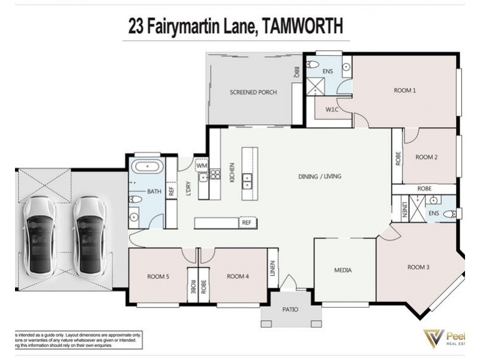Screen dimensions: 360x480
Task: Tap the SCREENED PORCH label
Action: [x=253, y=92]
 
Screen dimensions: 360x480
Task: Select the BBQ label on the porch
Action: [x=296, y=73]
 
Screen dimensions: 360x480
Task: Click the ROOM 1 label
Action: [x=405, y=91]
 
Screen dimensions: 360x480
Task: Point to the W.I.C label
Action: [x=332, y=110]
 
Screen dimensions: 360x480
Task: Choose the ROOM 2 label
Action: [x=427, y=157]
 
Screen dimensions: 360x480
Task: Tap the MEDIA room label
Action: [x=343, y=271]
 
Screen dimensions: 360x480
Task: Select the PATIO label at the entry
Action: [x=290, y=310]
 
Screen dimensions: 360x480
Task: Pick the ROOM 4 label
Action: [x=238, y=277]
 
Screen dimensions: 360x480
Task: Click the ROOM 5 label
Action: [x=158, y=277]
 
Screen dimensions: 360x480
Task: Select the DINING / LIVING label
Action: [x=320, y=176]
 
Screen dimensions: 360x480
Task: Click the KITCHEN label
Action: [x=232, y=172]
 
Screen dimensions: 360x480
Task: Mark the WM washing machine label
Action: [x=202, y=165]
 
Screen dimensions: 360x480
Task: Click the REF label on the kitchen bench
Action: [x=246, y=223]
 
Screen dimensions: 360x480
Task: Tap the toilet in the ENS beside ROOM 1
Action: [x=312, y=64]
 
